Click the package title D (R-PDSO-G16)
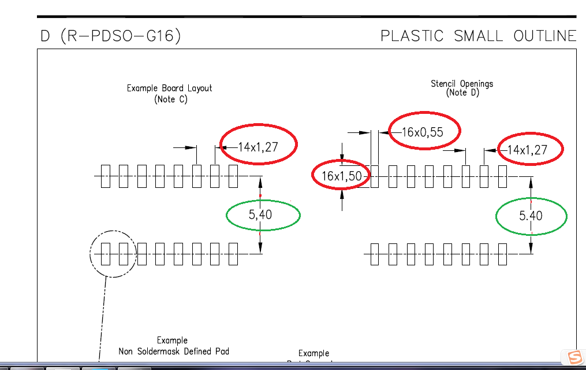[110, 36]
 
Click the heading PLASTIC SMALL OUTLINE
[478, 36]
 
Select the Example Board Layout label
[169, 88]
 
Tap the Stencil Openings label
[462, 84]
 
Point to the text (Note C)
[171, 99]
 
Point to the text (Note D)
[462, 93]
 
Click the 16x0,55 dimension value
[423, 132]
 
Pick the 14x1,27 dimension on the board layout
[258, 147]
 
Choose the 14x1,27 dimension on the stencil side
[524, 150]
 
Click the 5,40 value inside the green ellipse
[260, 215]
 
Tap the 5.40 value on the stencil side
[531, 216]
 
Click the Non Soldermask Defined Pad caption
[174, 351]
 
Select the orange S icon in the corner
[574, 357]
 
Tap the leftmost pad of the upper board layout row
[105, 176]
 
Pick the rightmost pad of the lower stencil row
[502, 254]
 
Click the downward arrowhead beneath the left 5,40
[260, 247]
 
